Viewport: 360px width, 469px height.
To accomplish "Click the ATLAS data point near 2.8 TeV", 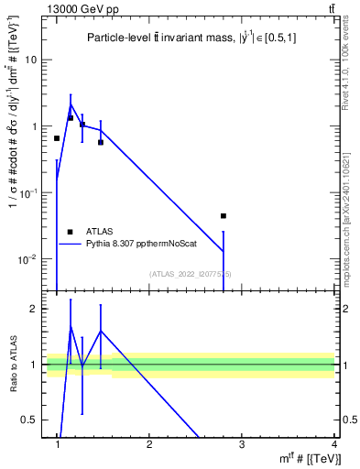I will pos(224,216).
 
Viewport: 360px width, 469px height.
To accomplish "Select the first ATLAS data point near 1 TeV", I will pos(57,138).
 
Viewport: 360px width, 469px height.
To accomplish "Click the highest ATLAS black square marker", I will pos(71,117).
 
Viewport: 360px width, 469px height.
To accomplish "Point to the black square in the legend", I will pos(71,232).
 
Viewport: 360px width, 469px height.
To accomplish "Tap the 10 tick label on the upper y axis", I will pos(30,60).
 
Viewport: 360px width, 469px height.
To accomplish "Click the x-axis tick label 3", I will pos(242,444).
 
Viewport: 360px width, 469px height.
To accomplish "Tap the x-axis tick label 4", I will pos(333,444).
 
